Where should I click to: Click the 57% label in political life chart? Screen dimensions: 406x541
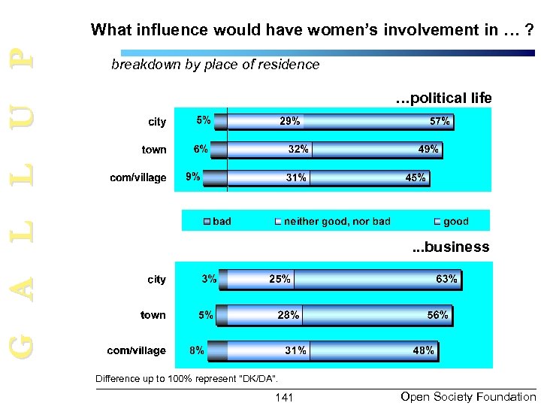[440, 121]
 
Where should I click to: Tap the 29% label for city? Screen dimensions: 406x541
[290, 121]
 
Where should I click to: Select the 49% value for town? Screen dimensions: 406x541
[428, 149]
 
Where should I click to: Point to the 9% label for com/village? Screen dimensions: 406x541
[193, 177]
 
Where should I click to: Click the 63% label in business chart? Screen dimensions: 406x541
[446, 279]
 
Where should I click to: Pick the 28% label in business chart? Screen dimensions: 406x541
[289, 315]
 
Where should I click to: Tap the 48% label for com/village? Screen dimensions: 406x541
[423, 350]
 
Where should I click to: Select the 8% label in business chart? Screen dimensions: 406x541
[196, 350]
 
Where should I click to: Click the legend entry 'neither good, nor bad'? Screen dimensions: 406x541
[337, 221]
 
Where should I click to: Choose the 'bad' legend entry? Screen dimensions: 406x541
[222, 221]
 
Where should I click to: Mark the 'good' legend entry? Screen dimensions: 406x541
[455, 221]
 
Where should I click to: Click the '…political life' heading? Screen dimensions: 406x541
[443, 98]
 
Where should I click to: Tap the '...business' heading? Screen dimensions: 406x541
[449, 247]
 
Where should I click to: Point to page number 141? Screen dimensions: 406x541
[285, 397]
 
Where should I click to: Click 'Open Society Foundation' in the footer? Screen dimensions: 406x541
[468, 396]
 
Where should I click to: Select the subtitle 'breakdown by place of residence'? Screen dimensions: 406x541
[215, 65]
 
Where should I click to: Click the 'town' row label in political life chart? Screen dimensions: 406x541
[154, 150]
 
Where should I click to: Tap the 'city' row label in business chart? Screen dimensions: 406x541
[156, 280]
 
